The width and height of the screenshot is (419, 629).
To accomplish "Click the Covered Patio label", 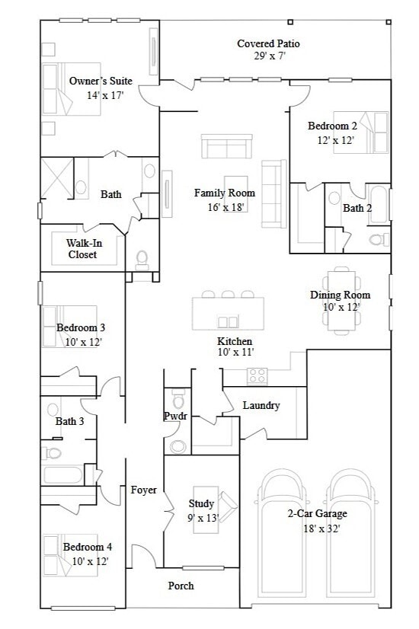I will pyautogui.click(x=268, y=44).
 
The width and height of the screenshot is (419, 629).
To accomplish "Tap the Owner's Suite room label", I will pyautogui.click(x=101, y=81).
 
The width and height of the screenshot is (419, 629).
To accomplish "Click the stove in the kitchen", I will pyautogui.click(x=257, y=375).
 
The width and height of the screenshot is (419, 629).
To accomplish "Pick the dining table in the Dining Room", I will pyautogui.click(x=341, y=302).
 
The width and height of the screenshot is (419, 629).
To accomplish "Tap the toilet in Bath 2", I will pyautogui.click(x=376, y=240).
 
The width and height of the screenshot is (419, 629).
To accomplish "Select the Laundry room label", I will pyautogui.click(x=261, y=406).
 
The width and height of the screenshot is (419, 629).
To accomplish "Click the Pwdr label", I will pyautogui.click(x=175, y=417).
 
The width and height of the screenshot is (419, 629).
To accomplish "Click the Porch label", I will pyautogui.click(x=181, y=586).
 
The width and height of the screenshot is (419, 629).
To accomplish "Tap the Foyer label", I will pyautogui.click(x=144, y=490).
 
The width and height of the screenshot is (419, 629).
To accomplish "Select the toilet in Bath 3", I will pyautogui.click(x=52, y=452).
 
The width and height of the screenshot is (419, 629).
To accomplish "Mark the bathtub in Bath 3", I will pyautogui.click(x=62, y=476).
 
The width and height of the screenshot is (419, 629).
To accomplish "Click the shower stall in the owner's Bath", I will pyautogui.click(x=56, y=178).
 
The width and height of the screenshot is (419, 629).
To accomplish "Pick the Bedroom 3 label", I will pyautogui.click(x=81, y=328).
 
